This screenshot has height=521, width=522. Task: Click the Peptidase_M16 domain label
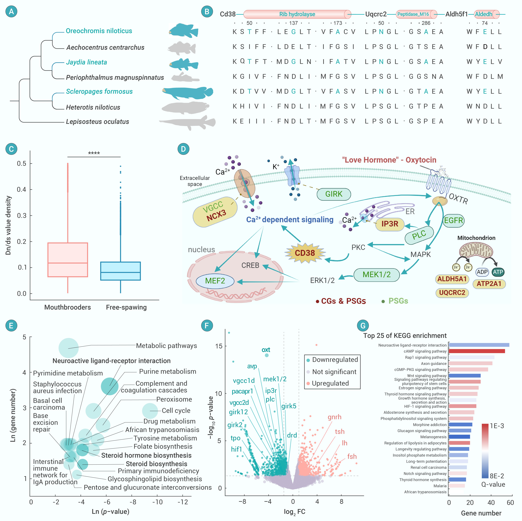click(x=413, y=14)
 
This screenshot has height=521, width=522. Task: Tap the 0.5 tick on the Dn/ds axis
click(x=22, y=163)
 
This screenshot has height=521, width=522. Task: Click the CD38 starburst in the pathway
click(x=305, y=253)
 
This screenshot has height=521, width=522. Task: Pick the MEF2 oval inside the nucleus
click(x=215, y=281)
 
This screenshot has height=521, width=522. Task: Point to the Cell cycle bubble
click(x=150, y=411)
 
